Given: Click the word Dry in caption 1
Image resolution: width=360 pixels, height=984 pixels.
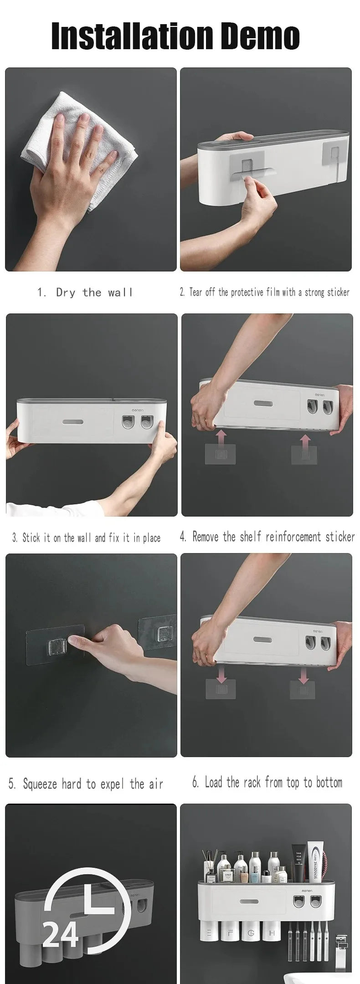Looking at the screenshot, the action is click(x=66, y=292).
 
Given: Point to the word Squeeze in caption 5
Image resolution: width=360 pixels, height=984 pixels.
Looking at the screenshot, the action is click(x=40, y=784).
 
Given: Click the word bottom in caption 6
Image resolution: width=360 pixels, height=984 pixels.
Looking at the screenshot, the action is click(x=329, y=783).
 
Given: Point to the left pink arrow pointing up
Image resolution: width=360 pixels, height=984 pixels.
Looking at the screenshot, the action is click(x=221, y=441).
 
